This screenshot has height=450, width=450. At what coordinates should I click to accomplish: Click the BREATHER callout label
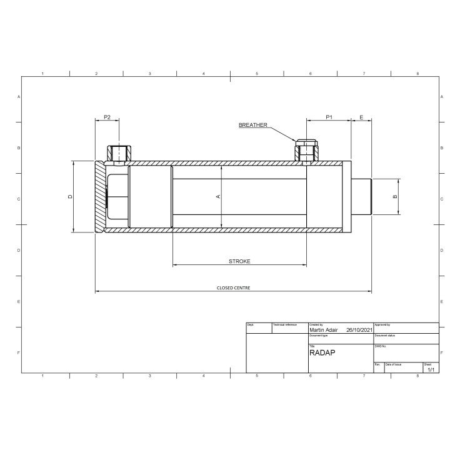[x=252, y=125]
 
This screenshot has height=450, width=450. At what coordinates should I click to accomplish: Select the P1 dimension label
[x=329, y=117]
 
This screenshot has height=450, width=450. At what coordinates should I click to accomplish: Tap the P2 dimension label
[x=107, y=117]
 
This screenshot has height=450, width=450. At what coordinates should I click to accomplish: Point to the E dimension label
[x=361, y=117]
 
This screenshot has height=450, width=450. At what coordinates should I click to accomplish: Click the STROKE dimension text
[x=239, y=261]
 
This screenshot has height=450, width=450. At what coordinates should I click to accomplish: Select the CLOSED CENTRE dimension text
[x=233, y=288]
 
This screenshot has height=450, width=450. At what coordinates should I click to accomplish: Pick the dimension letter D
[x=71, y=196]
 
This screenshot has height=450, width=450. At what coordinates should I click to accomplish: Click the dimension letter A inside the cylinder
[x=218, y=196]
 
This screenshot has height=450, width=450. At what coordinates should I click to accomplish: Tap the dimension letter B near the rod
[x=394, y=196]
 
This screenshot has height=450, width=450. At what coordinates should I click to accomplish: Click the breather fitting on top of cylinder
[x=307, y=151]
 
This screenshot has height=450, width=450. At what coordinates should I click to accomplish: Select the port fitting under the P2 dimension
[x=118, y=152]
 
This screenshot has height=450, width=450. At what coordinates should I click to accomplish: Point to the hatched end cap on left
[x=100, y=196]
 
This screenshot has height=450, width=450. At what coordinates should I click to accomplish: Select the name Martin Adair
[x=324, y=330]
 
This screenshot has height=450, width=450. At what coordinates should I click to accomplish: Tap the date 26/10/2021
[x=359, y=330]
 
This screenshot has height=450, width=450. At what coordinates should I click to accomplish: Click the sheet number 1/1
[x=431, y=369]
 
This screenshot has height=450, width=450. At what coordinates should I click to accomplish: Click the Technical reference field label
[x=285, y=325]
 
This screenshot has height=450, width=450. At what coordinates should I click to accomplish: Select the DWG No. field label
[x=381, y=345]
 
